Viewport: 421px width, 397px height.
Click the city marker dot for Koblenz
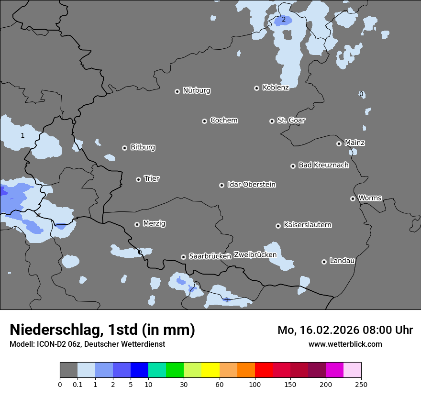point(257,88)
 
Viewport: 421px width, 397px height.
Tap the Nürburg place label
point(196,90)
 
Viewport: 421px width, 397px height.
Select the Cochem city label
point(223,120)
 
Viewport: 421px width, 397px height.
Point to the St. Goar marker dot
point(272,121)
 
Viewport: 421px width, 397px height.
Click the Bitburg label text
point(143,147)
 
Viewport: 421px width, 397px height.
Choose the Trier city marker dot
point(139,179)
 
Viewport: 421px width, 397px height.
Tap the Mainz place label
point(355,143)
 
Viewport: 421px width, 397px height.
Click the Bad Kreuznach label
point(323,165)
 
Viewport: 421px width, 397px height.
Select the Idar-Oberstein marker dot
point(222,185)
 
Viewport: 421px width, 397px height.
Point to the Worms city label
point(370,198)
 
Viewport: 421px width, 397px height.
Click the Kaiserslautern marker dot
point(278,226)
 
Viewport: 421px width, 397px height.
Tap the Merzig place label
point(154,223)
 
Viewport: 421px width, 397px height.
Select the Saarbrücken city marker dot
point(183,257)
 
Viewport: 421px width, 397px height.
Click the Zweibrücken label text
point(255,254)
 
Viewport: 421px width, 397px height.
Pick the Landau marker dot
point(324,262)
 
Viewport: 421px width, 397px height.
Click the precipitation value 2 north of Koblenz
point(283,20)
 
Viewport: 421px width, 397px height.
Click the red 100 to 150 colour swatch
point(264,370)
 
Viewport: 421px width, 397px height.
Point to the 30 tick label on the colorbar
point(184,384)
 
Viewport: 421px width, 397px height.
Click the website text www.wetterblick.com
point(345,344)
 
